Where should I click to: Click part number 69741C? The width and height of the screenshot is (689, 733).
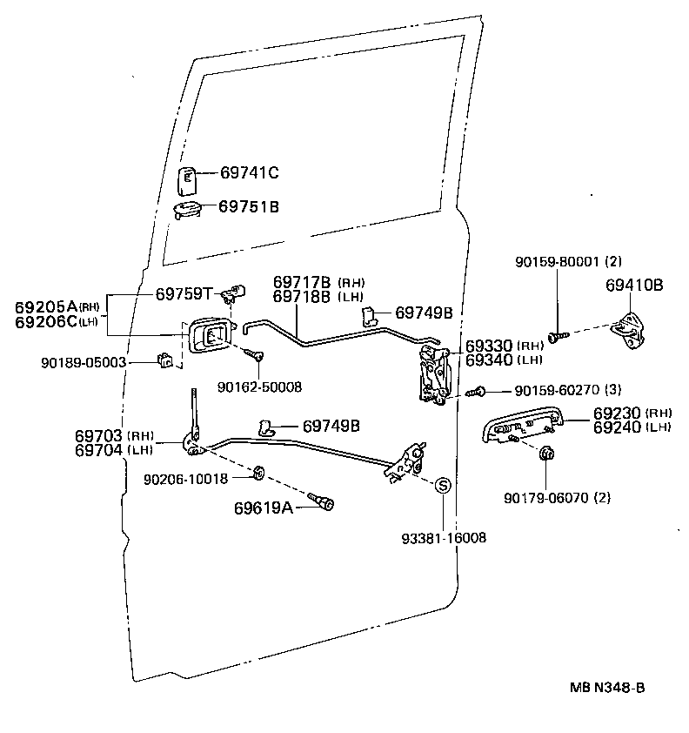[x=248, y=173]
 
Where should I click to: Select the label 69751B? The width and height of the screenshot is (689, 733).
[x=248, y=206]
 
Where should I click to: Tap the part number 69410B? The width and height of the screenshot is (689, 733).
[x=634, y=285]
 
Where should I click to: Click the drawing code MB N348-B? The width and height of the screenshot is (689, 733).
[x=607, y=688]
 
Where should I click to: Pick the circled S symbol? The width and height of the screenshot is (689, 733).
[x=441, y=486]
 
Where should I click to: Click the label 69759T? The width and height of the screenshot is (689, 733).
[x=184, y=293]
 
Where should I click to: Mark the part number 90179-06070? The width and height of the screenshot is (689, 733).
[x=545, y=498]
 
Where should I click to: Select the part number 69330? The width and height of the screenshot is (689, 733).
[x=490, y=346]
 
